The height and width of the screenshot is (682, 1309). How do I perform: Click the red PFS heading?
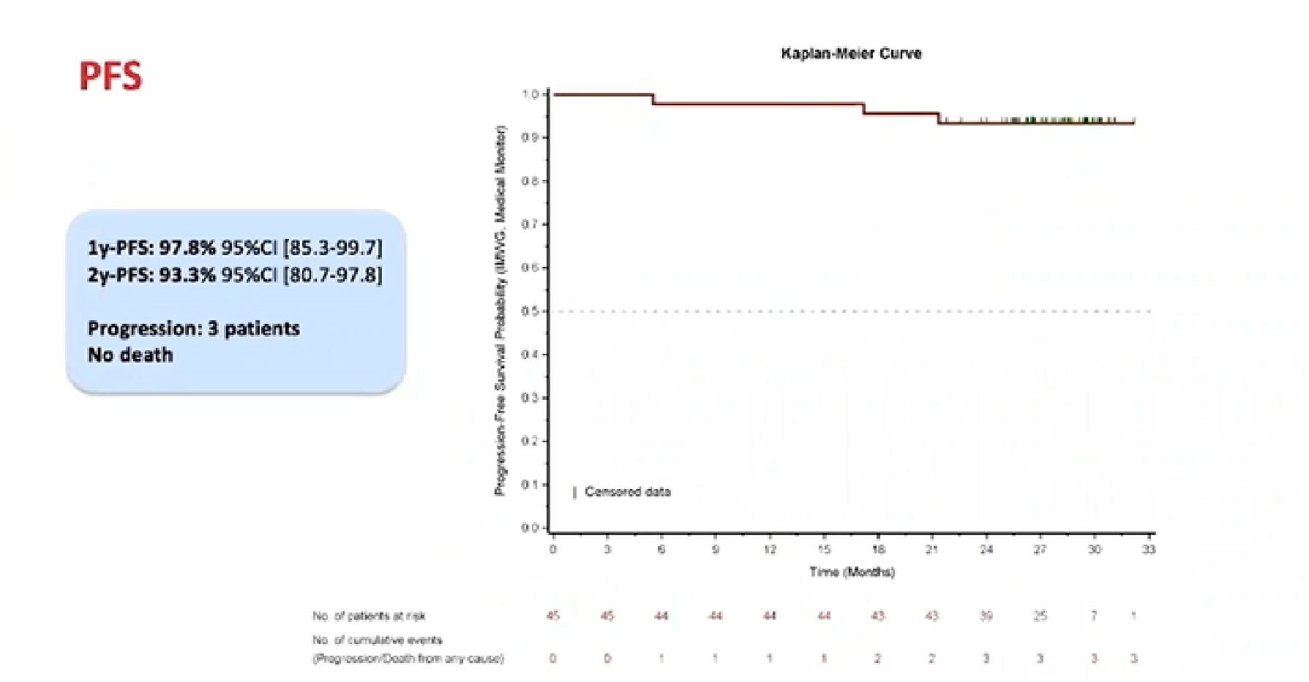tap(110, 77)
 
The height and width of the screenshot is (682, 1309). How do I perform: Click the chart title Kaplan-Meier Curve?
tap(851, 53)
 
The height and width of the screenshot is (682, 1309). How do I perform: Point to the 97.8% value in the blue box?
tap(187, 248)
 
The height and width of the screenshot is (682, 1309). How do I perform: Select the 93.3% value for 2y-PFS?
tap(187, 276)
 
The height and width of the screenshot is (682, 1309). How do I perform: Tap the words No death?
tap(130, 355)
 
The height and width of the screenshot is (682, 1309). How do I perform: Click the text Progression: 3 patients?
tap(193, 328)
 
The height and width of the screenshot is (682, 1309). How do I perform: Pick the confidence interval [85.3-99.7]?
tap(332, 248)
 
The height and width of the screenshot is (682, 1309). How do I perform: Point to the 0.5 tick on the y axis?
tap(530, 311)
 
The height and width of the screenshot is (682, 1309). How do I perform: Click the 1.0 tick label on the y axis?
tap(530, 94)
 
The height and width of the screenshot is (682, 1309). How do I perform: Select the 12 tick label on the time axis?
tap(770, 550)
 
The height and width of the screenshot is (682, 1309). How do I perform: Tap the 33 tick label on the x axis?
tap(1149, 550)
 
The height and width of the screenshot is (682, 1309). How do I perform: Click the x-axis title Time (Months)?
tap(852, 572)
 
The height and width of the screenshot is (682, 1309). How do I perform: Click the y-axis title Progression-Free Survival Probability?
tap(500, 311)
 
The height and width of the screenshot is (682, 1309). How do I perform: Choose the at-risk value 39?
tap(986, 616)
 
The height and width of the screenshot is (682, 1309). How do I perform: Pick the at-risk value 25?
tap(1040, 616)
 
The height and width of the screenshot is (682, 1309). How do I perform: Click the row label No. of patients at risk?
tap(369, 616)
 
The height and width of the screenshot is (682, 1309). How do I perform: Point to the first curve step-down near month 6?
tap(653, 99)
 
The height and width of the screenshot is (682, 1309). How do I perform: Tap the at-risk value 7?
tap(1095, 616)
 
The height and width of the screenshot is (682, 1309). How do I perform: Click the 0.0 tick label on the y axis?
tap(530, 528)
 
